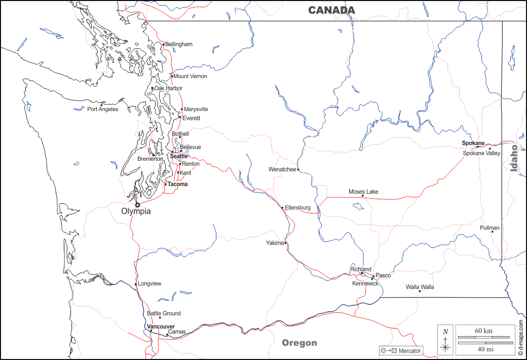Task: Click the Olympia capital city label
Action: coord(136,211)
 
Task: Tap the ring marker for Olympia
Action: coord(137,204)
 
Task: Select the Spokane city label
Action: coord(473,143)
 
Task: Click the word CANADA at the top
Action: coord(332,10)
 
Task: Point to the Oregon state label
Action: coord(299,343)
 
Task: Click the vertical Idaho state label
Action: coord(514,158)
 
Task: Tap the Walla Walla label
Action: coord(420,287)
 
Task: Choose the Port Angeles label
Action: coord(102,109)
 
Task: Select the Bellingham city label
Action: coord(179,44)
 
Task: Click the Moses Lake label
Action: coord(363,192)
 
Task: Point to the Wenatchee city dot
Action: coord(298,169)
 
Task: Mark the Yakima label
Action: coord(275,243)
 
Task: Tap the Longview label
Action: coord(149,283)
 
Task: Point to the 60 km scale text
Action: coord(483,331)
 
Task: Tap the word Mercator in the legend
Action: coord(409,351)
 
